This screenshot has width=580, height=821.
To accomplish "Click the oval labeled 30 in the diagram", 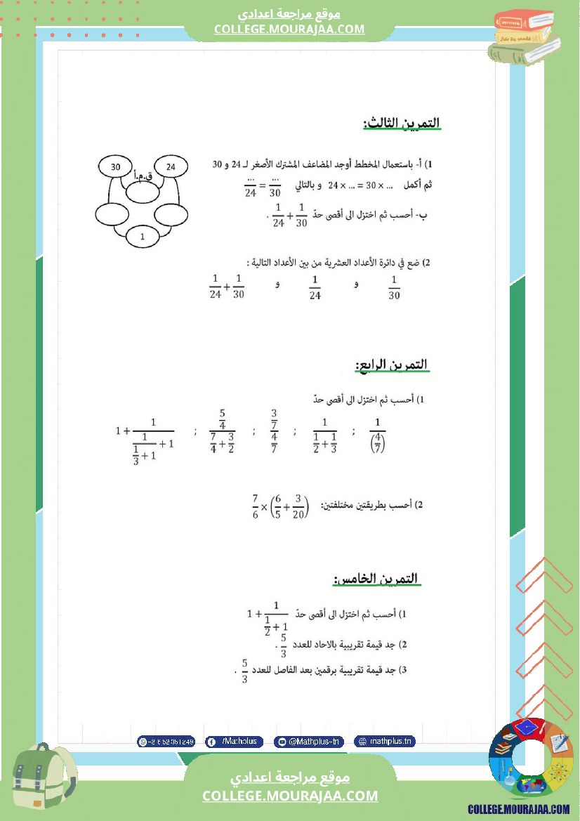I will [x=116, y=166].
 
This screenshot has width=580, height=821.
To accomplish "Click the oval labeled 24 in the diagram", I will [x=171, y=166].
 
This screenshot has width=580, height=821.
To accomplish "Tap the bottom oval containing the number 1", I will [x=143, y=237].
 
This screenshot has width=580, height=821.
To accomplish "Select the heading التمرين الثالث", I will [x=402, y=123].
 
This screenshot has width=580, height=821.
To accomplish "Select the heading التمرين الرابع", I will [x=392, y=365].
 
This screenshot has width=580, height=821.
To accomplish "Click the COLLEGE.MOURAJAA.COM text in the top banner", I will [x=289, y=29].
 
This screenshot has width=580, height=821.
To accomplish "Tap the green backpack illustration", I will [x=42, y=777].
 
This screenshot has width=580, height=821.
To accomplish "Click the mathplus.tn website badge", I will [x=385, y=741].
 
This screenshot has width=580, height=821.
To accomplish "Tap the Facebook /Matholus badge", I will [x=235, y=741].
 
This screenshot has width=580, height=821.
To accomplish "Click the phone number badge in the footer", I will [x=166, y=741].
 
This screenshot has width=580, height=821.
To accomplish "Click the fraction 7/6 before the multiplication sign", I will [x=256, y=505].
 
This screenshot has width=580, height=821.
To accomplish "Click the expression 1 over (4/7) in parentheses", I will [x=377, y=435].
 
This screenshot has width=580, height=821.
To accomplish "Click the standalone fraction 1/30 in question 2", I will [x=394, y=287].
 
